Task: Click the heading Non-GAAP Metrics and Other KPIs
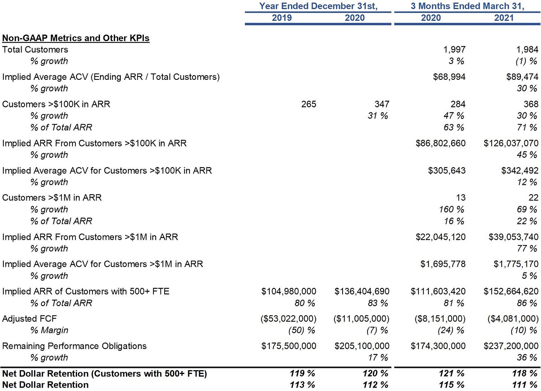click(76, 38)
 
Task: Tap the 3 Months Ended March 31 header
click(467, 6)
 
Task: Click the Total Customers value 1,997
click(454, 50)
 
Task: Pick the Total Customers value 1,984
click(527, 50)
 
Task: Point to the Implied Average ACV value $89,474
click(522, 77)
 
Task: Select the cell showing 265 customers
click(309, 104)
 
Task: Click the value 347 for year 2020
click(382, 104)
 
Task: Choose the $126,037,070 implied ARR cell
click(511, 143)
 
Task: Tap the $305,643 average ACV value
click(447, 171)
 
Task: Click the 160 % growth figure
click(451, 209)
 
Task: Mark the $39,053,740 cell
click(514, 237)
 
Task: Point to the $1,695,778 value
click(443, 264)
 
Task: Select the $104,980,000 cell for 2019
click(289, 291)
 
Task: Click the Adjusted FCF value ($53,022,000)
click(288, 319)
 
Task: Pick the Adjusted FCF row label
click(29, 319)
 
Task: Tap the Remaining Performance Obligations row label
click(74, 346)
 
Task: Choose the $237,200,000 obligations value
click(511, 346)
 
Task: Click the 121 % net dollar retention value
click(451, 374)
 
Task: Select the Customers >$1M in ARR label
click(52, 198)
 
